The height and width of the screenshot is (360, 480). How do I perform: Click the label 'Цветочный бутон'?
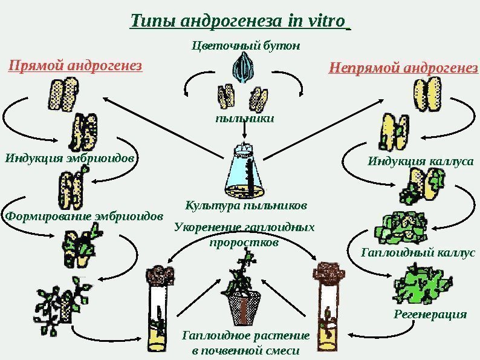tap(245, 45)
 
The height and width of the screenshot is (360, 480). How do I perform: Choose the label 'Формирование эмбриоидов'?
tap(83, 215)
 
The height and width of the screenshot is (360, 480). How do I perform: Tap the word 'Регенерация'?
tap(430, 315)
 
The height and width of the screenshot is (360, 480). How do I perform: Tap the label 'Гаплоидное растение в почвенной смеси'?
tap(245, 342)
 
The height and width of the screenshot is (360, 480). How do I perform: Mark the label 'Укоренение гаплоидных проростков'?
tap(244, 235)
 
